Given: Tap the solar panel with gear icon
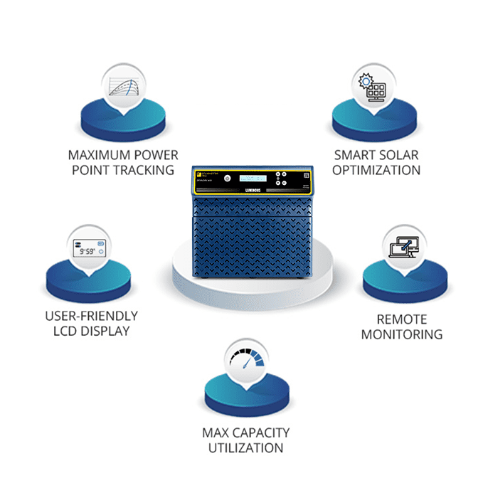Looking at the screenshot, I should point(371,87).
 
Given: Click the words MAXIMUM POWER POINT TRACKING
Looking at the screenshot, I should point(122,162).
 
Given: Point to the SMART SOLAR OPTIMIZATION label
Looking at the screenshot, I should point(376,162).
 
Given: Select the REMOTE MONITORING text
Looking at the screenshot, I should point(401,327).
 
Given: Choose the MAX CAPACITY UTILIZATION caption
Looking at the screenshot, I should point(245,440).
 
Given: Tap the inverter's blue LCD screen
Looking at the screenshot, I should point(253,178).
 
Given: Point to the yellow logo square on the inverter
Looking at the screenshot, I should point(198,173).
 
